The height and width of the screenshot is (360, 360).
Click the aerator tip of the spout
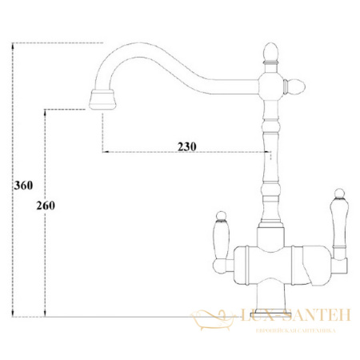[x=103, y=101]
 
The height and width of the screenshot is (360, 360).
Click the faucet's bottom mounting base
[x=270, y=308]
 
